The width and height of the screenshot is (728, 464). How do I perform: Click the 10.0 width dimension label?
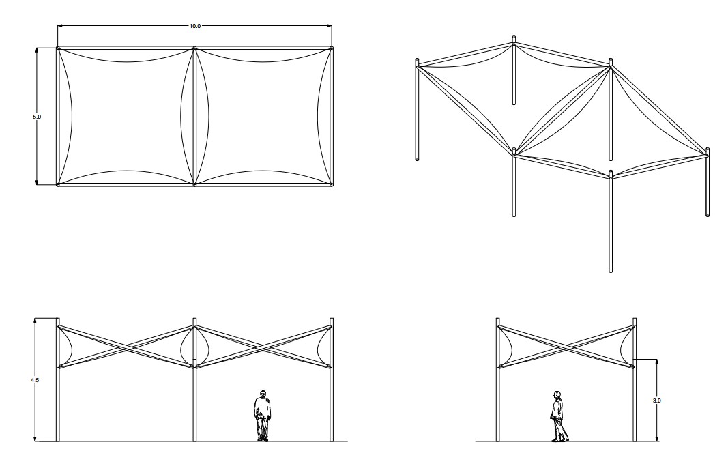pyautogui.click(x=195, y=26)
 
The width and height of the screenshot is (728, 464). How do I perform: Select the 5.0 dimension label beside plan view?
pyautogui.click(x=37, y=117)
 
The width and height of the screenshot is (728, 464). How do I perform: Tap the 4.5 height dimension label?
pyautogui.click(x=35, y=380)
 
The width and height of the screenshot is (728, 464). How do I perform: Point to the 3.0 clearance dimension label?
pyautogui.click(x=656, y=401)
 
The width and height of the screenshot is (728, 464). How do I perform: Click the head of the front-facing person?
pyautogui.click(x=263, y=394)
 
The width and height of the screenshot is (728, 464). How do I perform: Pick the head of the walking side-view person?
pyautogui.click(x=557, y=395)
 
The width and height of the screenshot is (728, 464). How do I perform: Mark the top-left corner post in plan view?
pyautogui.click(x=58, y=48)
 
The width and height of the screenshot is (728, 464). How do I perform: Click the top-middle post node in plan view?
pyautogui.click(x=194, y=48)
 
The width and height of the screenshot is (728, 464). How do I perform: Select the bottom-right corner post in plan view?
pyautogui.click(x=331, y=184)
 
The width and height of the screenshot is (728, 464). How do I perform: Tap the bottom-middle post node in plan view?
pyautogui.click(x=194, y=184)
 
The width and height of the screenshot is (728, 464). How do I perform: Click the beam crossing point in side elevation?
pyautogui.click(x=566, y=347)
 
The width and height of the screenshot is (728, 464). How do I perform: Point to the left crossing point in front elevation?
pyautogui.click(x=126, y=347)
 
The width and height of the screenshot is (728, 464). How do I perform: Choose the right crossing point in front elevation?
pyautogui.click(x=263, y=347)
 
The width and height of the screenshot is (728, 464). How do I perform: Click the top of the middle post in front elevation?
pyautogui.click(x=194, y=319)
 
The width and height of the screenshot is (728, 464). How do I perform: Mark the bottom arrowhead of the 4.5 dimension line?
pyautogui.click(x=35, y=439)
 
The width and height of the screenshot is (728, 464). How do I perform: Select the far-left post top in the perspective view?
pyautogui.click(x=417, y=60)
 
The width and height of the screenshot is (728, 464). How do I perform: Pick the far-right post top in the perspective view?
pyautogui.click(x=708, y=150)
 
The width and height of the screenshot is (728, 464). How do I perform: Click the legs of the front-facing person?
pyautogui.click(x=263, y=429)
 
